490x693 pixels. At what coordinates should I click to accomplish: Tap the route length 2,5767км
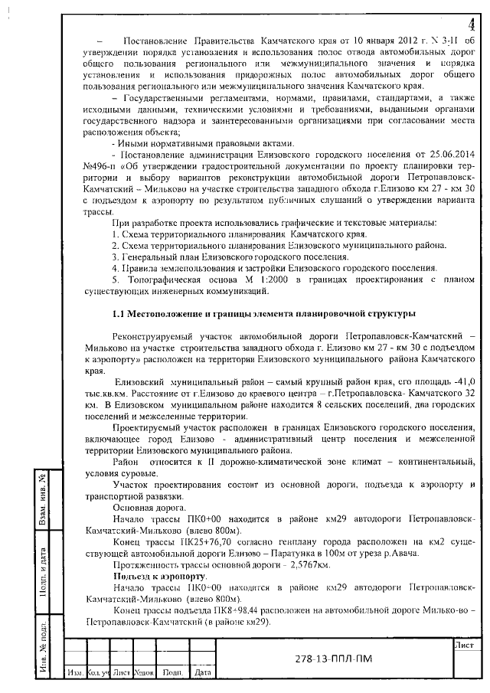(302, 563)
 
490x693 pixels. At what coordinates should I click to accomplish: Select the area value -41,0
(460, 381)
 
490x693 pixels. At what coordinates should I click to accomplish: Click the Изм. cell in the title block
(75, 672)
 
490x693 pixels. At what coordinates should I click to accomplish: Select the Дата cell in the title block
(203, 672)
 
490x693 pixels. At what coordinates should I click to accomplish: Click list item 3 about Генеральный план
(226, 257)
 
